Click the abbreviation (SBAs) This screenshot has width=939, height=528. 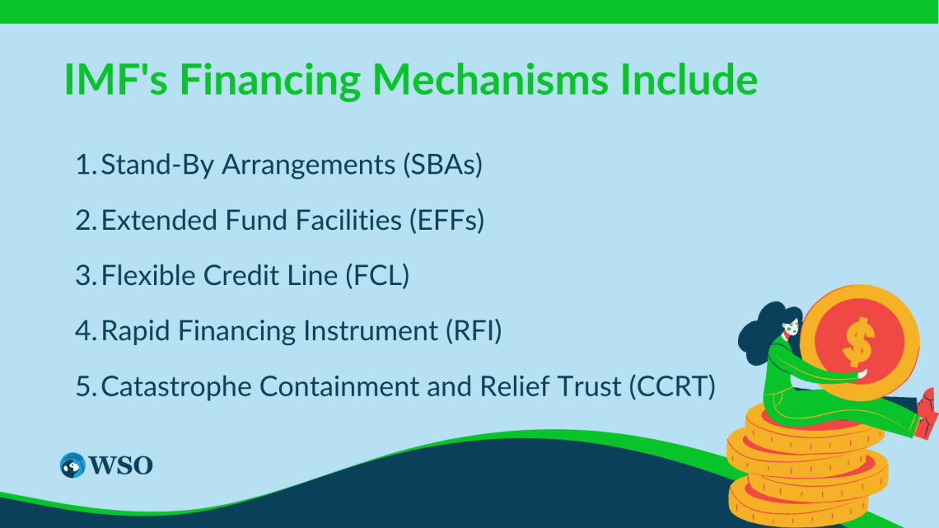(x=442, y=165)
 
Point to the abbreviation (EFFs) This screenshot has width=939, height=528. (x=446, y=220)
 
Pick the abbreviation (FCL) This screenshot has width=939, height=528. (x=377, y=275)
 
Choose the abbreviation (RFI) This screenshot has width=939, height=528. (x=473, y=331)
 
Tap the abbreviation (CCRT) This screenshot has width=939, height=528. (x=672, y=386)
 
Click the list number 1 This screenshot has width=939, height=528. (x=85, y=165)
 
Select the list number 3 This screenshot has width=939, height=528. (x=85, y=275)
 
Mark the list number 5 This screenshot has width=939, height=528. (x=85, y=386)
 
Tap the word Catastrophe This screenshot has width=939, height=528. (x=176, y=386)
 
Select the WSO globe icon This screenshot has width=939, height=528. (x=72, y=465)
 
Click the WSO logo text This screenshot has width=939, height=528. (x=121, y=465)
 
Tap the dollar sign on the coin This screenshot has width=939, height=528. (x=859, y=342)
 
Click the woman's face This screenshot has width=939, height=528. (x=791, y=326)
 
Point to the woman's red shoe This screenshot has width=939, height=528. (x=927, y=413)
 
